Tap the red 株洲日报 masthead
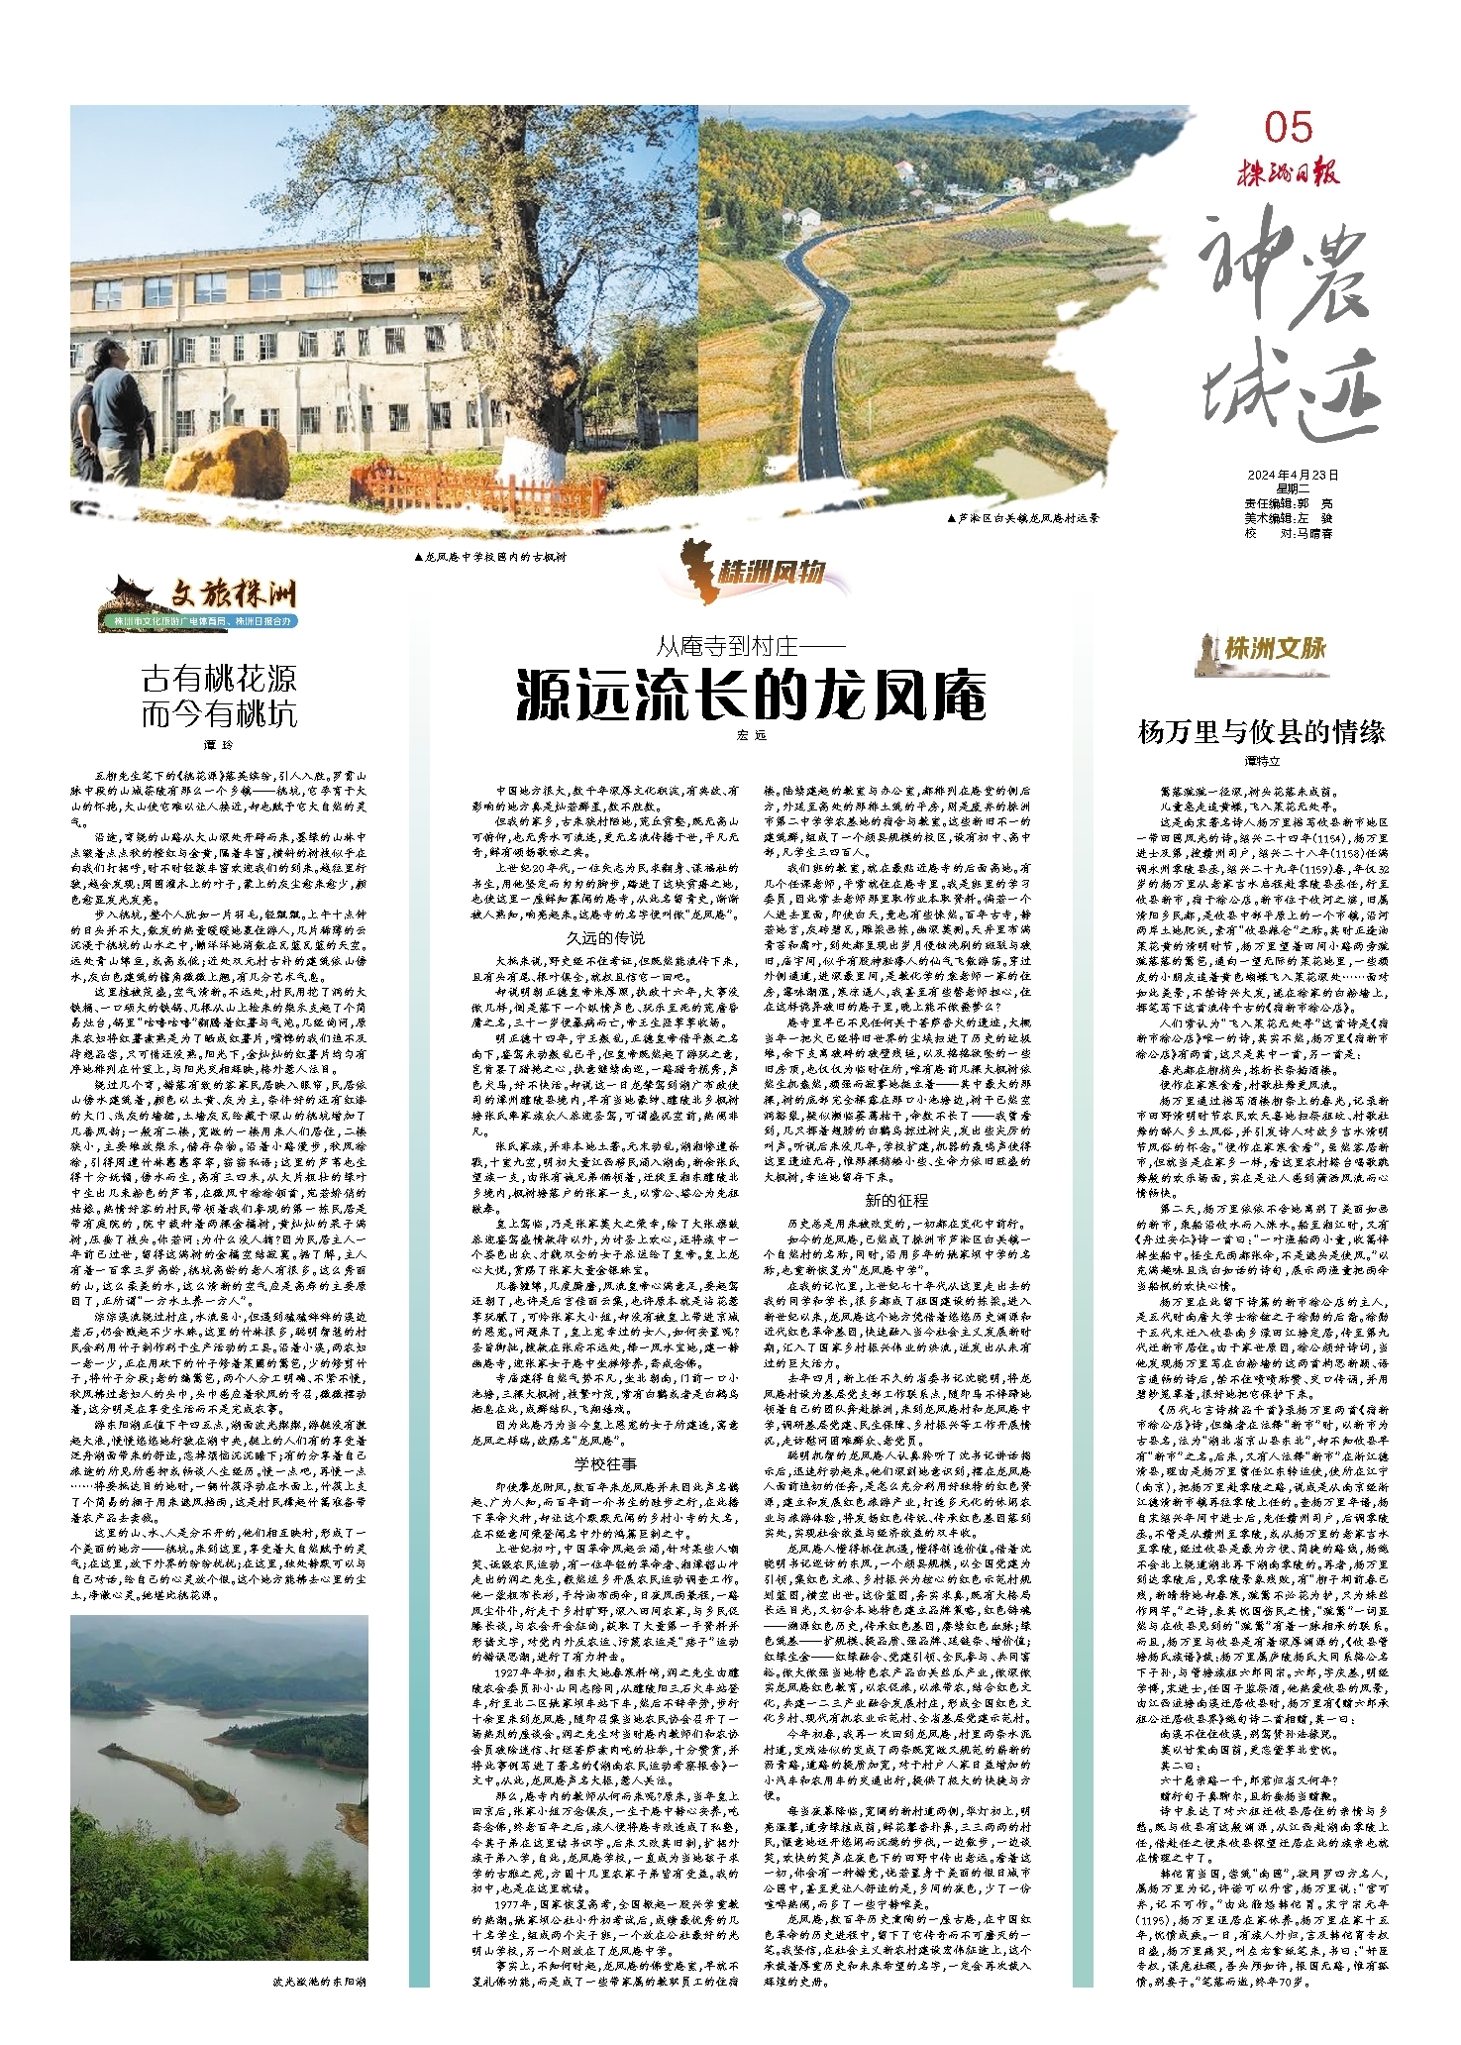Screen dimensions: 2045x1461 coord(1288,173)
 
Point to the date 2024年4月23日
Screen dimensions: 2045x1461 coord(1293,476)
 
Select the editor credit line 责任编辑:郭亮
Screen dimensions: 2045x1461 coord(1288,503)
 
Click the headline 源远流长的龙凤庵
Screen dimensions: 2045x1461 coord(751,695)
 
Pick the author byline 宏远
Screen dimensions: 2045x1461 coord(752,735)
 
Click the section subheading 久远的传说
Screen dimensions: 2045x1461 coord(605,937)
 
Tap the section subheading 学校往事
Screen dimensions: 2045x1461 coord(605,1463)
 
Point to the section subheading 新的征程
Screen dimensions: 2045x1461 coord(895,1200)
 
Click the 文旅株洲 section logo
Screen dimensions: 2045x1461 coord(201,601)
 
